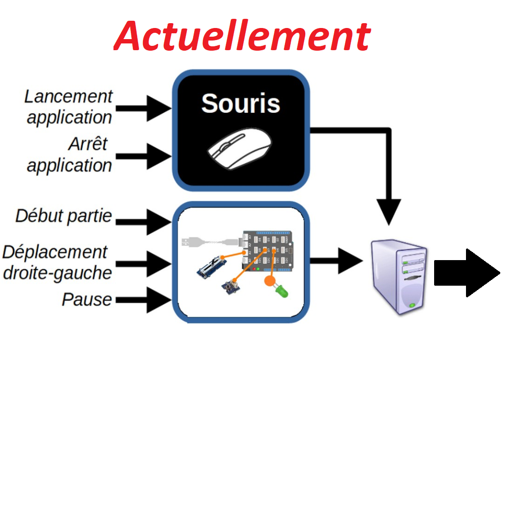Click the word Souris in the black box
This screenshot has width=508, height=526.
240,103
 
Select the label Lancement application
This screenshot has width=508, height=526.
69,107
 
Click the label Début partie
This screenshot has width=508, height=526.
64,216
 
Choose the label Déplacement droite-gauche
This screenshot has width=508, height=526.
57,262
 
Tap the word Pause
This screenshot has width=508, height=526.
87,299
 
